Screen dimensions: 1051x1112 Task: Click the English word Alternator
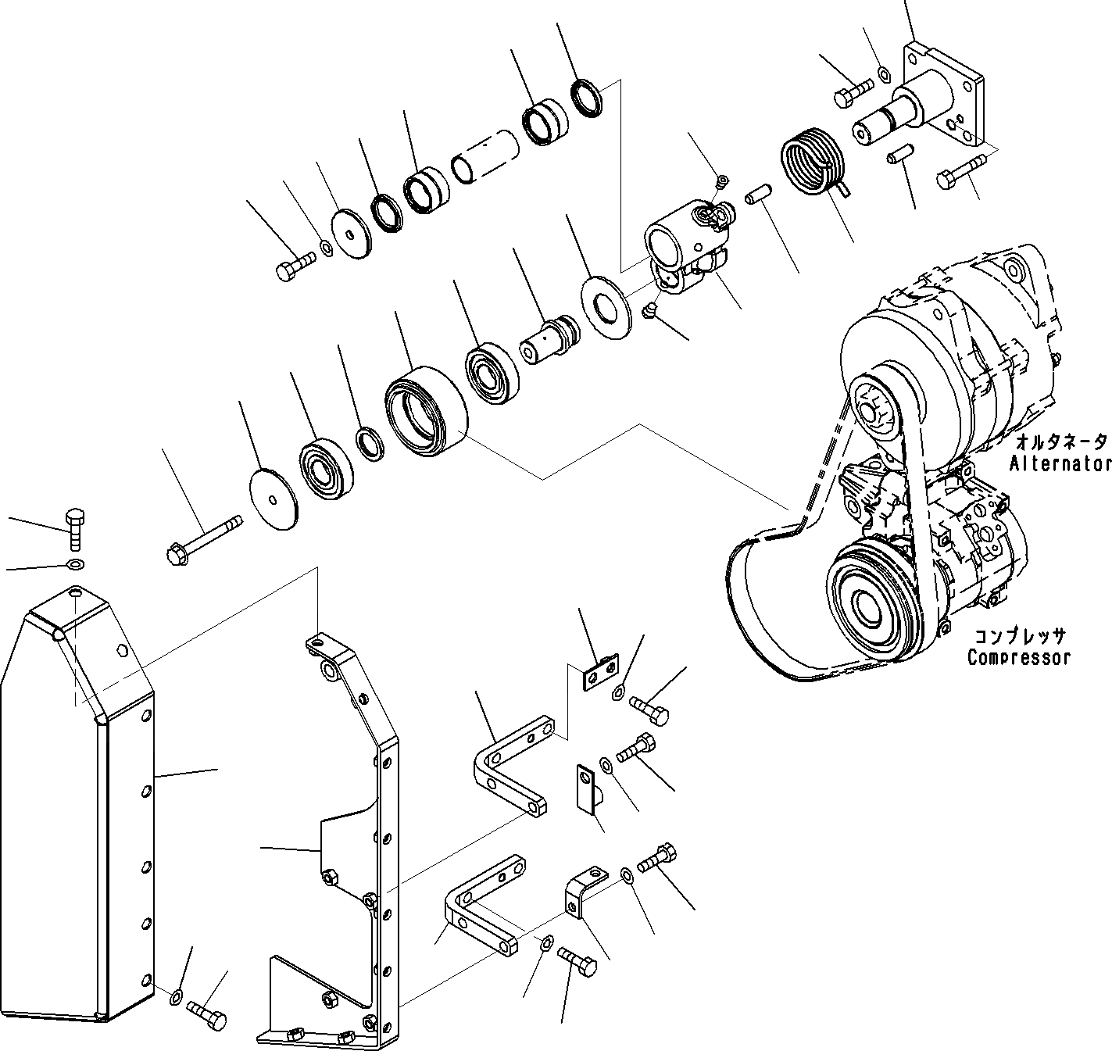coord(1060,463)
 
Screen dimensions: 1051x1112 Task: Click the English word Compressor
coord(1018,657)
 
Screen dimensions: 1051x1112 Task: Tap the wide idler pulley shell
coord(426,409)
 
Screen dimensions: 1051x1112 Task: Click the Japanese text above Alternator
coord(1060,442)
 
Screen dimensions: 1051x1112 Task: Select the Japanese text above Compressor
coord(1017,636)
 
